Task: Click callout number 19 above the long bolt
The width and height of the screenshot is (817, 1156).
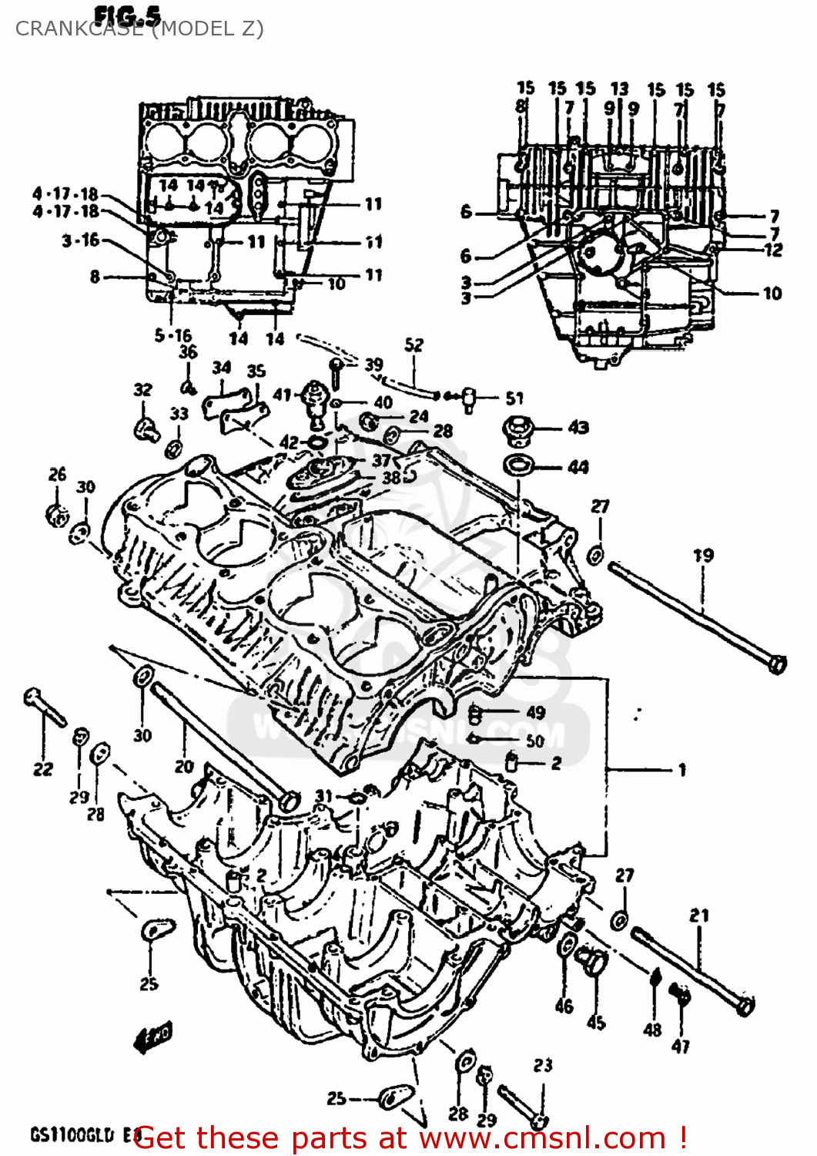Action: click(x=702, y=555)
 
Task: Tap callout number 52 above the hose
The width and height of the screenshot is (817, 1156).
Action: click(x=414, y=344)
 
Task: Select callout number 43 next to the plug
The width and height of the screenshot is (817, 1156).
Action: click(x=578, y=427)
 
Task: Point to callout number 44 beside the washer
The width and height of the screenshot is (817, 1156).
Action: click(x=578, y=467)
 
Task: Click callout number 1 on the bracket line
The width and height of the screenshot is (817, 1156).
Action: click(x=682, y=769)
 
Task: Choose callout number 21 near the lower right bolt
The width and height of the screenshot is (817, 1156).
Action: click(x=698, y=916)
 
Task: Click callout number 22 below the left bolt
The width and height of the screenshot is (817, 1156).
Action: click(x=43, y=768)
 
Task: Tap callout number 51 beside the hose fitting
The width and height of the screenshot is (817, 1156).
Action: click(x=514, y=398)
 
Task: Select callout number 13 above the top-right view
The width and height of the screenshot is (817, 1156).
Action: click(x=620, y=89)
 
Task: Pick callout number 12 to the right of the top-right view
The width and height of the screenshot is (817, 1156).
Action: click(x=773, y=250)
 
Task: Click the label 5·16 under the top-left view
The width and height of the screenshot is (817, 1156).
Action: click(x=173, y=335)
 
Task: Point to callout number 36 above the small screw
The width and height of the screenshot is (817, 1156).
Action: click(x=189, y=352)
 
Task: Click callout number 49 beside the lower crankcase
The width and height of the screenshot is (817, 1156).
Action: click(x=535, y=712)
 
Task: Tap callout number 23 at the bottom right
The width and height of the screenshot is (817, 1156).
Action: click(x=543, y=1065)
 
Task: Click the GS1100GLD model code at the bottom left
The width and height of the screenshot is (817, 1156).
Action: click(x=71, y=1134)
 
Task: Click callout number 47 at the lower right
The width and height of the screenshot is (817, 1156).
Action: click(x=681, y=1046)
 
